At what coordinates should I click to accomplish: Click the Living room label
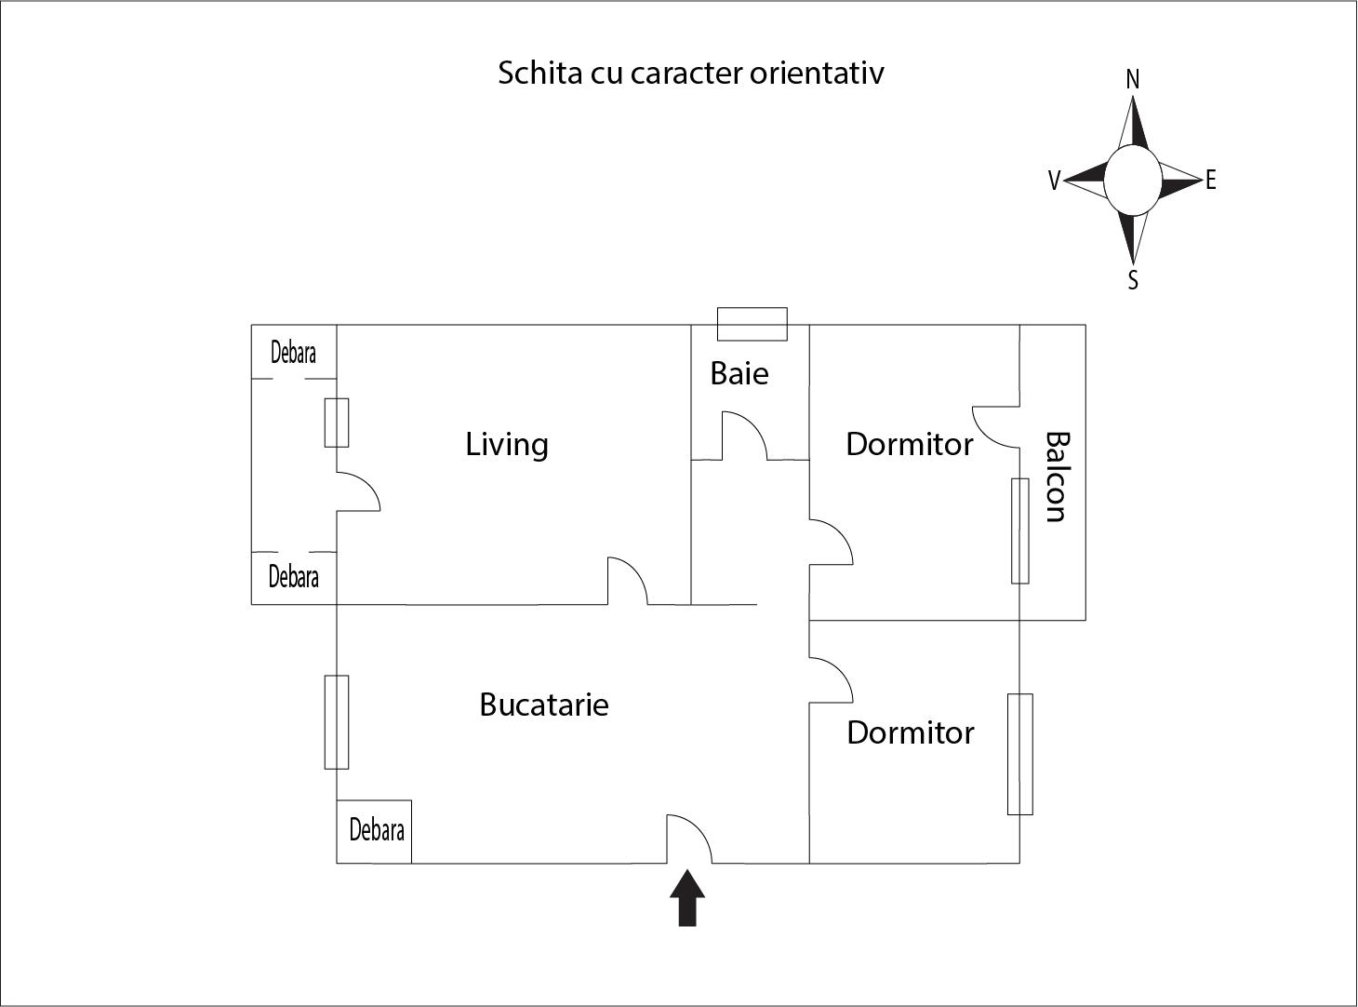[506, 445]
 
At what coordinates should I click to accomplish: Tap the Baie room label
[739, 373]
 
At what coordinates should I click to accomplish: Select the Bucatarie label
[544, 705]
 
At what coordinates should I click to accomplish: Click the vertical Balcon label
[1058, 477]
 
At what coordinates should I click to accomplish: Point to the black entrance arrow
[687, 898]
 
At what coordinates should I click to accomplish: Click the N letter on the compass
[1133, 80]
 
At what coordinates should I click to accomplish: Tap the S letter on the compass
[1133, 280]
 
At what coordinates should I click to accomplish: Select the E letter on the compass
[1210, 181]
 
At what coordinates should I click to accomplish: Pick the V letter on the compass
[1055, 181]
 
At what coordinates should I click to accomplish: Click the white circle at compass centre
[1133, 181]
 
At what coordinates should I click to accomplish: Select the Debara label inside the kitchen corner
[377, 830]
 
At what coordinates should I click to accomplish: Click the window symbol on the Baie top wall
[752, 324]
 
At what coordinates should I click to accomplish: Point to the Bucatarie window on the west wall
[337, 722]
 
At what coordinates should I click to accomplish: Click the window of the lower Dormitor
[1020, 754]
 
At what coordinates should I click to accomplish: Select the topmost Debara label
[293, 353]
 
